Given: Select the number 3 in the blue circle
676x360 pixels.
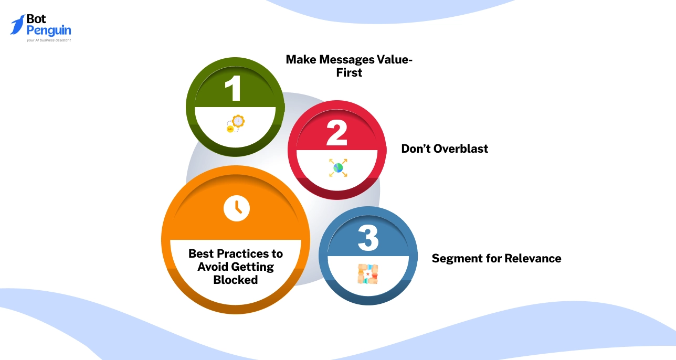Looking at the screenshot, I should point(368,238).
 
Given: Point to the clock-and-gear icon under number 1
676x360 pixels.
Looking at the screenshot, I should point(236,124).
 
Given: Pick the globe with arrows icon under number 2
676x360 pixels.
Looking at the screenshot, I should point(338,168).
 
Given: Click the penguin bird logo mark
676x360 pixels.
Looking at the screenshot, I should point(18,24).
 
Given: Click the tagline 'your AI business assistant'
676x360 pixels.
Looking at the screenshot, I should point(48,40).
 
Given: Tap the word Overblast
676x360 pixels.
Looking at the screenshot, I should point(460,149).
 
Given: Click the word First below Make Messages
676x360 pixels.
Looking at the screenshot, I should point(349,73).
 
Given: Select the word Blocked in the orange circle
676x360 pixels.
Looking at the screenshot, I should point(236,280).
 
